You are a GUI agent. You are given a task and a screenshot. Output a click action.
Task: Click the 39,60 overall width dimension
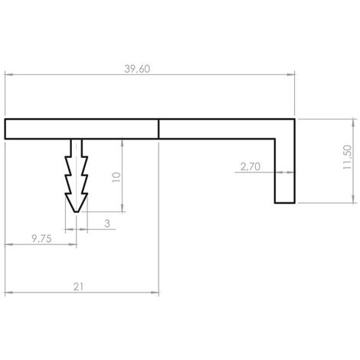[x=137, y=69]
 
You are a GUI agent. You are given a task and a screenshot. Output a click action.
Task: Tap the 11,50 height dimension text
[x=347, y=157]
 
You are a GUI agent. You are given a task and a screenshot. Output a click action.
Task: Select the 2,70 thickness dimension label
[x=250, y=167]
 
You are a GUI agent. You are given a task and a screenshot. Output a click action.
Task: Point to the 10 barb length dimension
[x=116, y=177]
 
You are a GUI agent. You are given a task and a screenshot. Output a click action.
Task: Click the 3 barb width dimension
[x=107, y=224]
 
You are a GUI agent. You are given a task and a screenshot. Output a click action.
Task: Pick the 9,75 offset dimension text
[x=41, y=239]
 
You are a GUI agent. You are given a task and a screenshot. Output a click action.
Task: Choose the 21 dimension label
[x=78, y=287]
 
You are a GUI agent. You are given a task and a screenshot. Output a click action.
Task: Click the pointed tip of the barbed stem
[x=77, y=212]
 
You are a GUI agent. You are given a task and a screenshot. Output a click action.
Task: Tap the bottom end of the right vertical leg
[x=285, y=203]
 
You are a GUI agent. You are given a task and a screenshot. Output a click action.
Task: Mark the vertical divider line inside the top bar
[x=159, y=129]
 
